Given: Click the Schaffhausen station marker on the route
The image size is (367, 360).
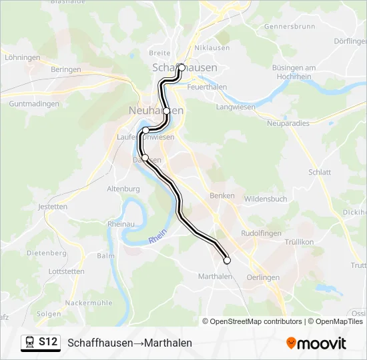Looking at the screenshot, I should [181, 67].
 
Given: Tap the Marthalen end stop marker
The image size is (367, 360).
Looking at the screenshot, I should [227, 260].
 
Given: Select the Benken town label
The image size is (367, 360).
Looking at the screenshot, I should [222, 196].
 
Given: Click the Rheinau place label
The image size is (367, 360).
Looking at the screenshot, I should [121, 225].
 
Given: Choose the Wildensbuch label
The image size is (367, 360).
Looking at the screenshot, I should [266, 199].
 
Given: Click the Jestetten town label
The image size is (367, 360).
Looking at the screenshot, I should [53, 207].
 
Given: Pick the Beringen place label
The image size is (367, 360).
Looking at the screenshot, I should [65, 69].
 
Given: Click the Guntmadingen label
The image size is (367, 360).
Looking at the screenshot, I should [35, 104].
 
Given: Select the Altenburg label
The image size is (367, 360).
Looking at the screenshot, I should [123, 189].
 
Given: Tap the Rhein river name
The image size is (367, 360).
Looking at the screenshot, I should [157, 237].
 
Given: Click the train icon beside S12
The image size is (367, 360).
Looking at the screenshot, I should [30, 342].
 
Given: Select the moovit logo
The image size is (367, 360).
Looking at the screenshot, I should [316, 343].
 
